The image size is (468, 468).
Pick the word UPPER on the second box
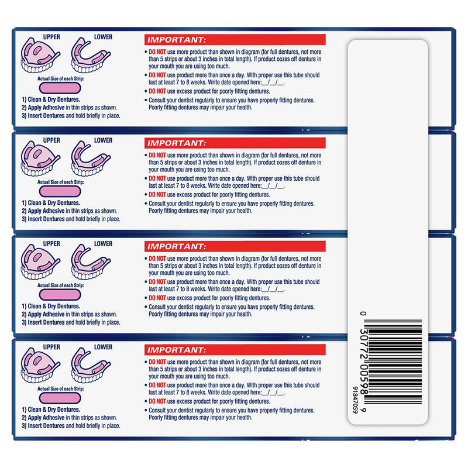[x=52, y=140]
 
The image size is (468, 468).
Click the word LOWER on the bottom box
[x=103, y=347]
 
